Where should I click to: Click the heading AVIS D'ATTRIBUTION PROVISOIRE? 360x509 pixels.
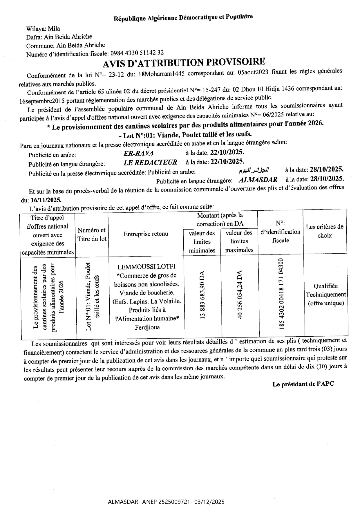[184, 62]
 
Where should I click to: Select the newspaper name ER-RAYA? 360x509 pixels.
[138, 154]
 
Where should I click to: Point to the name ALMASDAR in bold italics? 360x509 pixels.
[258, 180]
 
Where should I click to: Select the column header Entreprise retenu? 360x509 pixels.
[146, 234]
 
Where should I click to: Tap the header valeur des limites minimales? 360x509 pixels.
[202, 241]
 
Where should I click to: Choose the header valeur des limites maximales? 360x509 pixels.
[239, 241]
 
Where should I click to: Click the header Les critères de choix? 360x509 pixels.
[325, 231]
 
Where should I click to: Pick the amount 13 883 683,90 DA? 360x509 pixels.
[202, 295]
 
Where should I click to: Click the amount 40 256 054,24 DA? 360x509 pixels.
[240, 295]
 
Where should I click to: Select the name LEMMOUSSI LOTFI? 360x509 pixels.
[146, 267]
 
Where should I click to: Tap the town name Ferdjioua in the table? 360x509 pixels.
[147, 327]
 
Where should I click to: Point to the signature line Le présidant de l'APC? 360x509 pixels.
[303, 384]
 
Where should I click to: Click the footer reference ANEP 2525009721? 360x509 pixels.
[167, 502]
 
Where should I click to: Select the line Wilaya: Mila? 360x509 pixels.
[43, 28]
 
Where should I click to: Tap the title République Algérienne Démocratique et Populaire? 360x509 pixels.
[183, 17]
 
